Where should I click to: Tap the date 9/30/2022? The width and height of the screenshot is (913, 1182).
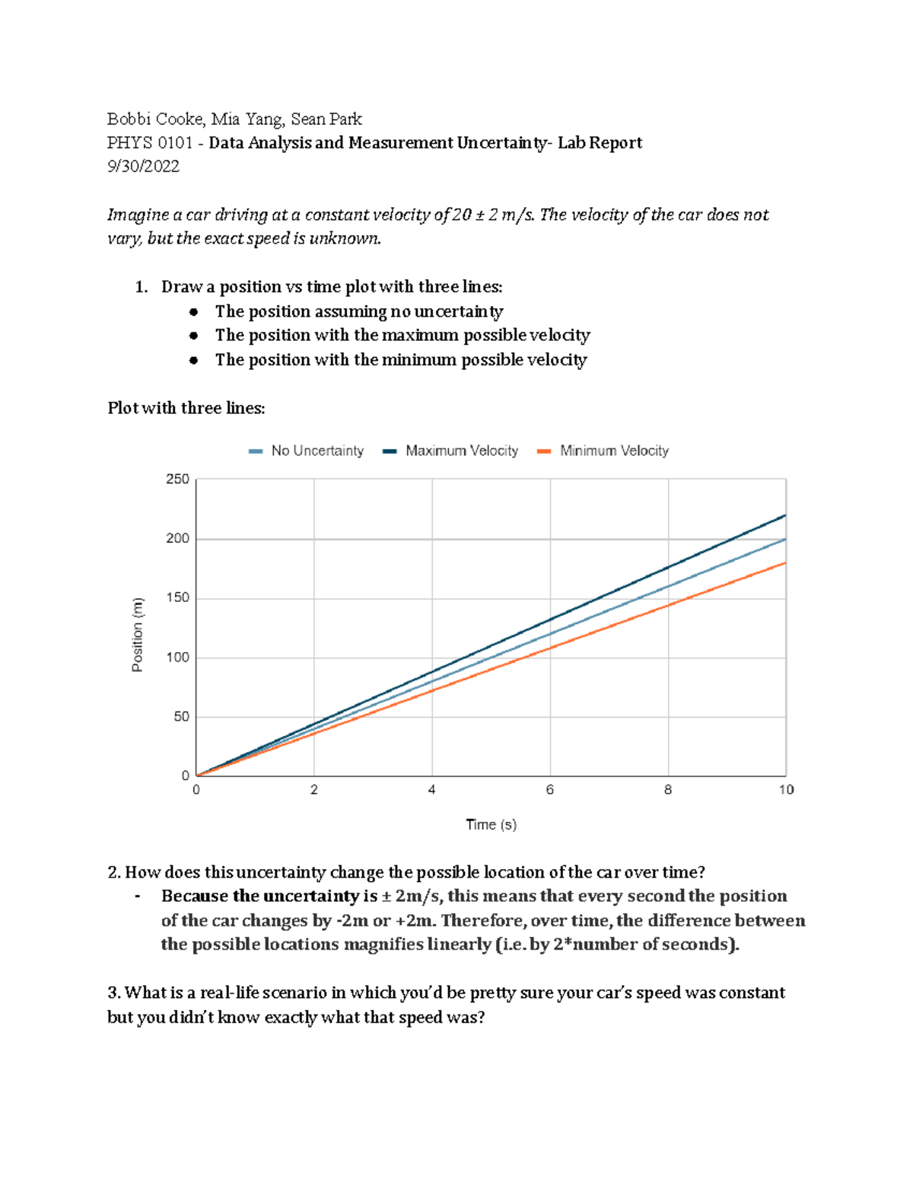click(x=143, y=167)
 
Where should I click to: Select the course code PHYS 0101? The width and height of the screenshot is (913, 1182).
click(x=150, y=143)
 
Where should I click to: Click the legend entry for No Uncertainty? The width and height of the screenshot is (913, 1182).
click(x=317, y=451)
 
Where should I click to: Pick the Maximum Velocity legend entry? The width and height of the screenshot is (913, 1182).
click(x=461, y=451)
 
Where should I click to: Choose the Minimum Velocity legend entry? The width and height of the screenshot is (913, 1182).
click(x=613, y=451)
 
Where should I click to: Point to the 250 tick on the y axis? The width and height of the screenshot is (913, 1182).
click(x=177, y=479)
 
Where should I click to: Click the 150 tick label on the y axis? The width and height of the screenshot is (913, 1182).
click(x=177, y=598)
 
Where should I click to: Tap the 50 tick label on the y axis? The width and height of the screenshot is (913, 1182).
click(x=180, y=717)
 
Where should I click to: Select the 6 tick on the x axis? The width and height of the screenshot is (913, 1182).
click(x=550, y=790)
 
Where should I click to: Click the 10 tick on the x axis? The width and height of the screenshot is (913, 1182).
click(x=786, y=790)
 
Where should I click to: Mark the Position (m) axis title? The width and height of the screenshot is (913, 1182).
click(x=138, y=635)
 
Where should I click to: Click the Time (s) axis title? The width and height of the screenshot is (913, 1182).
click(x=491, y=824)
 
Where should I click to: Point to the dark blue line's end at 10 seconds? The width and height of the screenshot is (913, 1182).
click(x=785, y=515)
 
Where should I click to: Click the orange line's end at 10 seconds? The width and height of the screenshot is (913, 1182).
click(x=785, y=563)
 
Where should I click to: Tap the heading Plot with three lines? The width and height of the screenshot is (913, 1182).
click(x=186, y=408)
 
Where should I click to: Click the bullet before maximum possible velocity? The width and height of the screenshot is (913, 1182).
click(x=194, y=336)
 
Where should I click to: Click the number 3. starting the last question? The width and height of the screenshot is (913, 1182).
click(x=114, y=992)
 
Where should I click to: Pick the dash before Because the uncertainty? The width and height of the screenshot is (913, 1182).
click(x=138, y=897)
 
